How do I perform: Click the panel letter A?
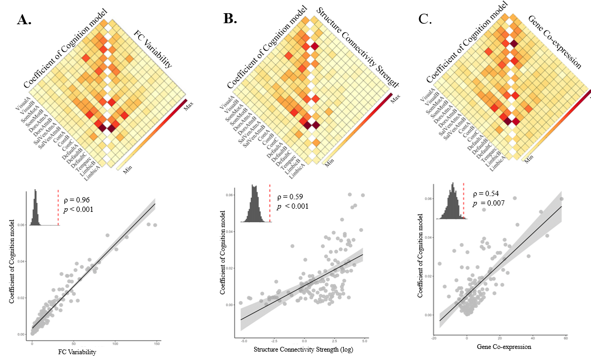click(24, 20)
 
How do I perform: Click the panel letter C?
click(425, 20)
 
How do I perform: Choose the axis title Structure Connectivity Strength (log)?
click(303, 349)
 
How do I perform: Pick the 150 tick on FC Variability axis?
click(156, 344)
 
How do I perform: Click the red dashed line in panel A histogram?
click(59, 206)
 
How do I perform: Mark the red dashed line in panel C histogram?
click(463, 201)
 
